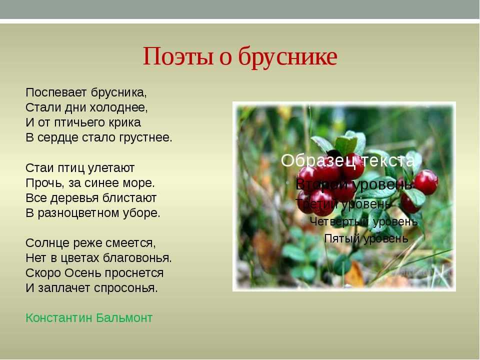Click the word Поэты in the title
178,56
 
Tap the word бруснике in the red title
287,57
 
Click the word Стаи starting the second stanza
39,168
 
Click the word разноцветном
78,213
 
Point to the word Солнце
48,243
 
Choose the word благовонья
137,258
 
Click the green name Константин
59,318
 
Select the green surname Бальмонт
124,318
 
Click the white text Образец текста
347,160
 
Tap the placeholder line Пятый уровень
366,238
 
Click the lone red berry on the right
426,182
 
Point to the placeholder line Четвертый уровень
363,221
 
